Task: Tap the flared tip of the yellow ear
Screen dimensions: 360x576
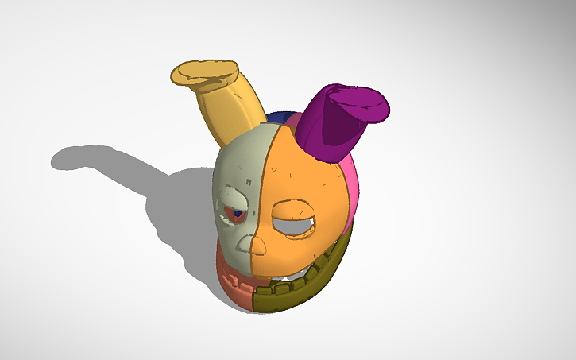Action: tap(204, 72)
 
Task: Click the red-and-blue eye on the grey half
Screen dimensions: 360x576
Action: tap(237, 213)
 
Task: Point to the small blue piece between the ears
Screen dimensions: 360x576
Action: tap(278, 118)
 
